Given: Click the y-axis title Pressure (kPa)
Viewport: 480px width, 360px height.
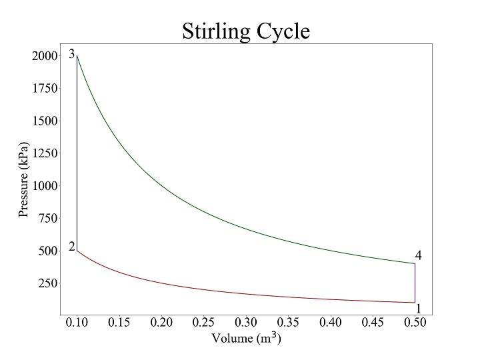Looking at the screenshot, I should click(24, 180).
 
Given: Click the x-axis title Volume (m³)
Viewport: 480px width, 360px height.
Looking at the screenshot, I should click(246, 338).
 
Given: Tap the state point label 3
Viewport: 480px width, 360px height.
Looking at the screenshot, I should click(71, 54).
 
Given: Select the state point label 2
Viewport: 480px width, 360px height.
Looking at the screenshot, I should click(71, 247).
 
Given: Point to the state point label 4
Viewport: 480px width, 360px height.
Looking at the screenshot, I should click(419, 255).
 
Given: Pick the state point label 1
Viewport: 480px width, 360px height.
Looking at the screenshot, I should click(419, 309).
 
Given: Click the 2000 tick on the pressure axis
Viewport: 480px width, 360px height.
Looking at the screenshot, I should click(45, 57).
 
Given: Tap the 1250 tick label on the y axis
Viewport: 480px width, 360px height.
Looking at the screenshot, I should click(45, 153).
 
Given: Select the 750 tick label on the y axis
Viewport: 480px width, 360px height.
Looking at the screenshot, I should click(47, 218).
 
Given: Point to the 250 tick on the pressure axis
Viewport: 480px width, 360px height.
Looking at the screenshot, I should click(47, 283).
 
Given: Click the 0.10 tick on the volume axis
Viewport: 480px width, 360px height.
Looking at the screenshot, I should click(78, 323).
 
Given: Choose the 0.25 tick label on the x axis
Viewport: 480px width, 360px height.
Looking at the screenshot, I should click(204, 323).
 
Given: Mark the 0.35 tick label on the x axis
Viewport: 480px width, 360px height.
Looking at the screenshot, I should click(289, 323).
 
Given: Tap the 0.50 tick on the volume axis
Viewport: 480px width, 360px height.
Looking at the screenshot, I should click(415, 323).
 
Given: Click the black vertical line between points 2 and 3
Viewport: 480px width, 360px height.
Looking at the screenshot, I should click(77, 167).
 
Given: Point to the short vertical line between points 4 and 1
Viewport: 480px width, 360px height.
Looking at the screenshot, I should click(415, 283).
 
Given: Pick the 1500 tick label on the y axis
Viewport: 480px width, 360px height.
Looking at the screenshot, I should click(45, 121).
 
